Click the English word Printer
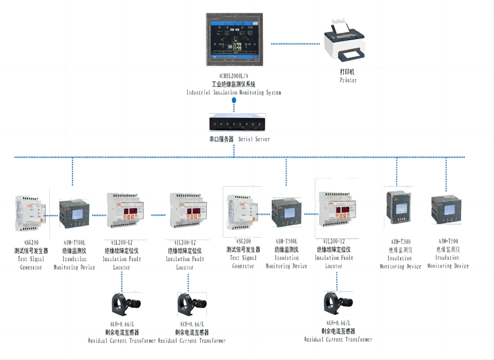(x=348, y=81)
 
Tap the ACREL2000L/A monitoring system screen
(x=234, y=40)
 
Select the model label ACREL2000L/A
(x=234, y=76)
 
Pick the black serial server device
(x=234, y=124)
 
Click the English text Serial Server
(x=254, y=139)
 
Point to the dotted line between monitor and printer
(x=296, y=44)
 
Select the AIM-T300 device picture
(x=398, y=207)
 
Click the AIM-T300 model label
(x=400, y=242)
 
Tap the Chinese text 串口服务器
(x=218, y=139)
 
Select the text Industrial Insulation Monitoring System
(x=234, y=93)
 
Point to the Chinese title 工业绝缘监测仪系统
(x=234, y=84)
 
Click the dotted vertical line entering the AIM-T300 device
(x=397, y=172)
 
